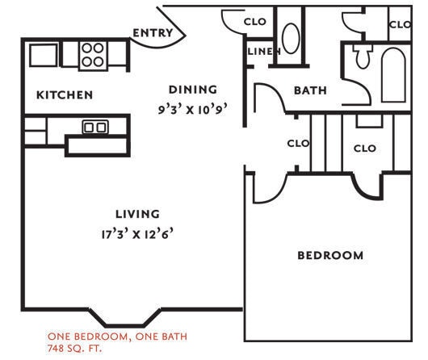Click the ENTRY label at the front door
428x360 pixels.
click(x=152, y=33)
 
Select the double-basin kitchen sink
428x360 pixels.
click(x=95, y=127)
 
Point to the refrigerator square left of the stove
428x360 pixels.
click(x=43, y=55)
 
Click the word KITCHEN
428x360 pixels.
click(x=65, y=95)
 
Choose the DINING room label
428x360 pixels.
click(x=192, y=90)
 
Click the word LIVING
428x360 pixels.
click(x=137, y=214)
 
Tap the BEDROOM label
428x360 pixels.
click(x=330, y=256)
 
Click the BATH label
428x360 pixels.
click(x=310, y=90)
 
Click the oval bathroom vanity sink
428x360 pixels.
click(x=290, y=38)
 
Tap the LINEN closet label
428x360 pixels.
click(x=263, y=52)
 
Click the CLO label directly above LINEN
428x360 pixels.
click(x=257, y=23)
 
